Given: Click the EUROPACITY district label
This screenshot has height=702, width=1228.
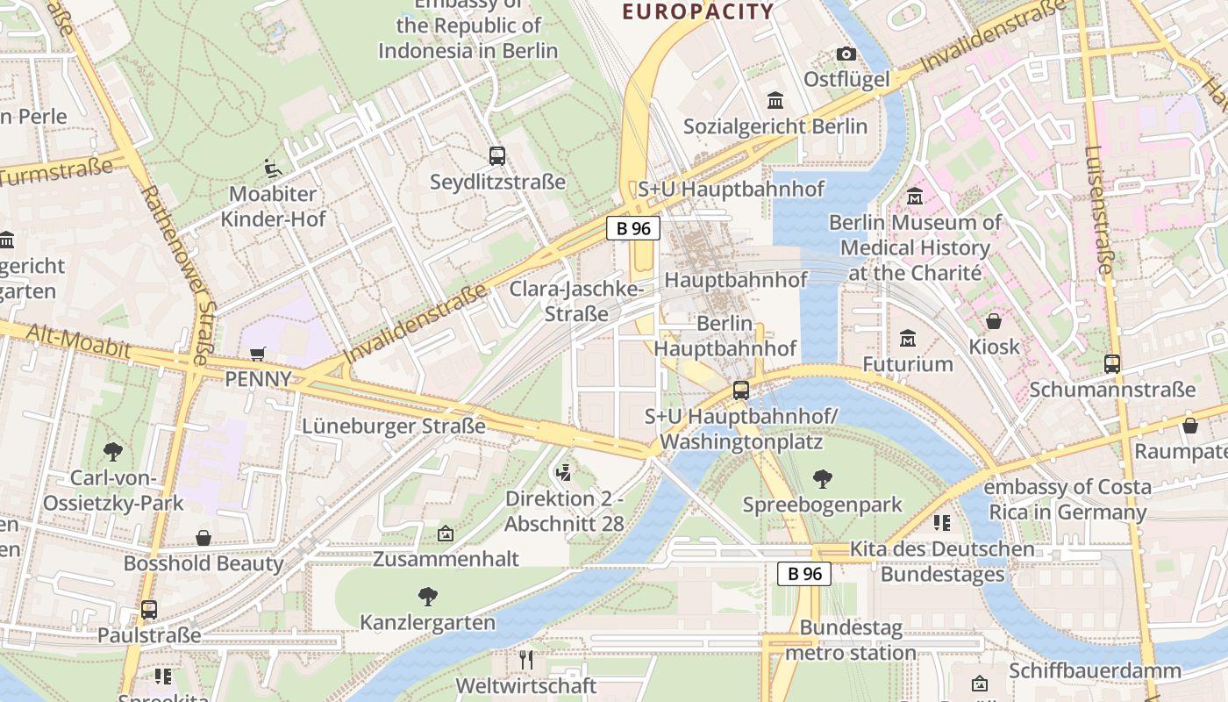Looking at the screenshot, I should click(x=698, y=11).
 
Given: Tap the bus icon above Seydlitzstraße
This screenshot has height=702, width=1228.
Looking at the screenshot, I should click(x=497, y=156).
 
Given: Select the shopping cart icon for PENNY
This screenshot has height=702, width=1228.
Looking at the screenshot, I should click(x=258, y=354).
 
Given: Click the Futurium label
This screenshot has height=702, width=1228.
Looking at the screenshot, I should click(x=907, y=363).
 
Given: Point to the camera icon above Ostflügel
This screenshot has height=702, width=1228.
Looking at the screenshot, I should click(x=846, y=54).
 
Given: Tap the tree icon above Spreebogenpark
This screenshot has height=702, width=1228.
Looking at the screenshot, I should click(x=822, y=478).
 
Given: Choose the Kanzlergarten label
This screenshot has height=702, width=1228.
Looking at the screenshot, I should click(x=427, y=622).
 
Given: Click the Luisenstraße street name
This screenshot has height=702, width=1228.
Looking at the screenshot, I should click(x=1099, y=211).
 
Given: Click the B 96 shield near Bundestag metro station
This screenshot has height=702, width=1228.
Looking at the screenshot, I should click(x=803, y=574).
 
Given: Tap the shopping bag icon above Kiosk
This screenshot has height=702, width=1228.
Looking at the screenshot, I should click(x=994, y=321).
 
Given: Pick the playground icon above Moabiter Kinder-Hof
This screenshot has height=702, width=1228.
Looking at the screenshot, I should click(x=273, y=168).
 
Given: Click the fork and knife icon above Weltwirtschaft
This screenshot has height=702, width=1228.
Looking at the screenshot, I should click(x=526, y=660).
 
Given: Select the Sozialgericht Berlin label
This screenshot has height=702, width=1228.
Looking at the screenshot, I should click(x=775, y=126).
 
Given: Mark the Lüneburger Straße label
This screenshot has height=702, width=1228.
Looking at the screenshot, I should click(x=393, y=426).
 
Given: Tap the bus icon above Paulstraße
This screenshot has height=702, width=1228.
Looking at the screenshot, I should click(x=149, y=609).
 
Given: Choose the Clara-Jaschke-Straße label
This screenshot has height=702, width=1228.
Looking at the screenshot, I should click(x=576, y=301).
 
